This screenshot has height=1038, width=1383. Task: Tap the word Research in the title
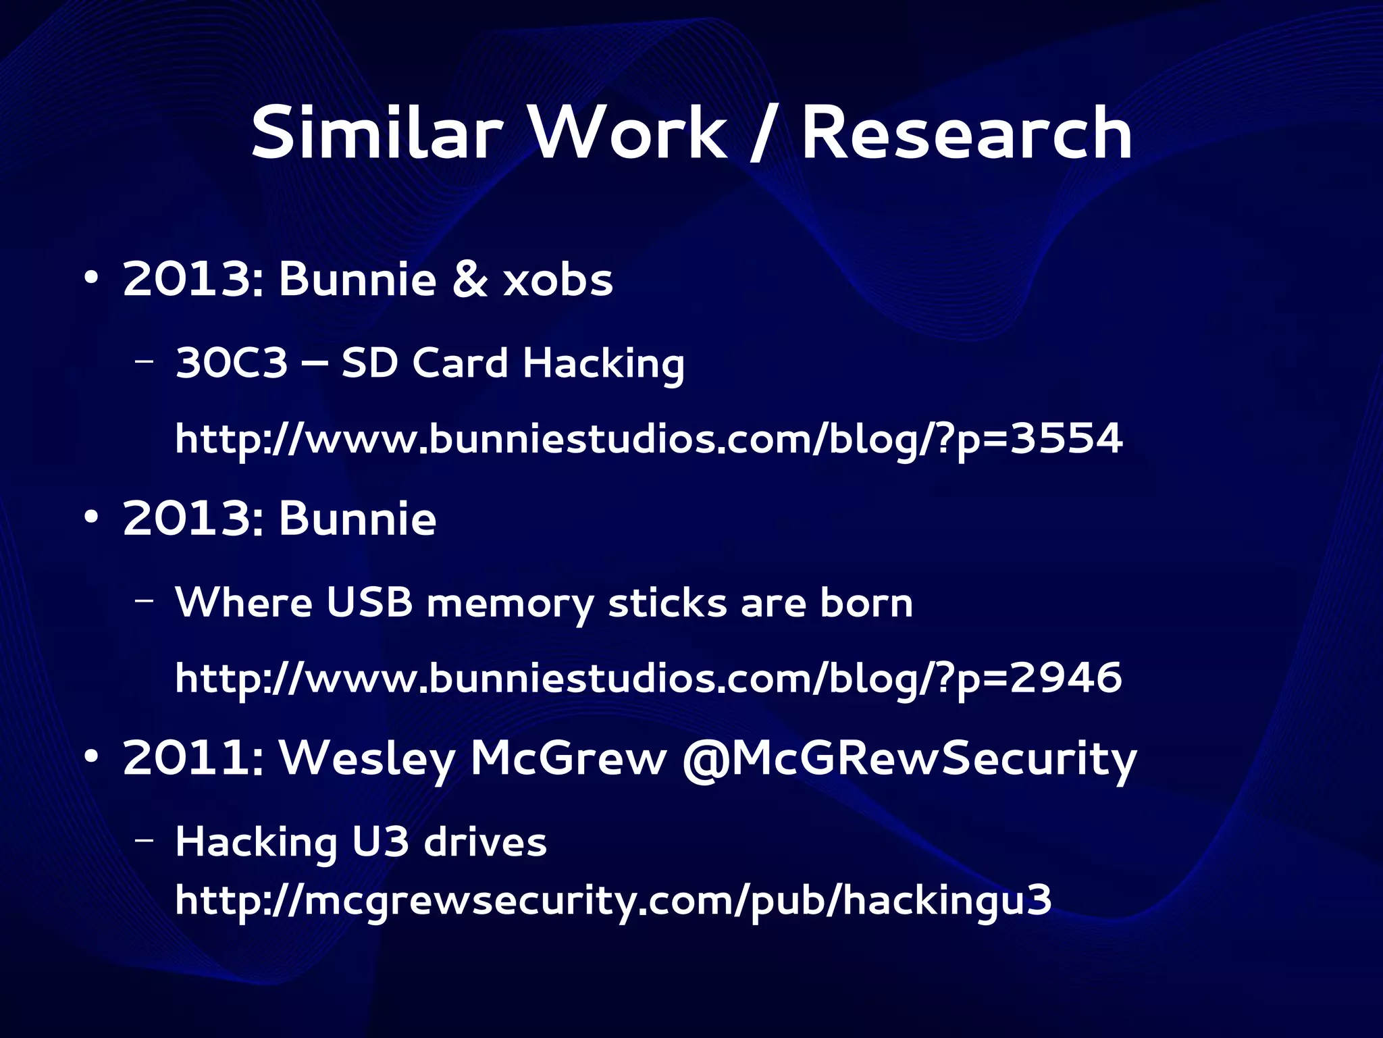click(966, 133)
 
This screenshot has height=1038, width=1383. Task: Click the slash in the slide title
click(763, 133)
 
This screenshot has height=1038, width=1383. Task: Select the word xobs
click(558, 280)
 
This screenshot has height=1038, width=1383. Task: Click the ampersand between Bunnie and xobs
click(469, 280)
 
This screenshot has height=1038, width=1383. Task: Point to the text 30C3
click(232, 363)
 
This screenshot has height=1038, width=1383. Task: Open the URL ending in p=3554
click(648, 440)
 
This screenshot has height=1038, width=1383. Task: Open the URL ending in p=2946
click(648, 679)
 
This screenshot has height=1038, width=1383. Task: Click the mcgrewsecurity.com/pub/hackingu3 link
click(613, 901)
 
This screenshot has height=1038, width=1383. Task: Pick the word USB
click(369, 602)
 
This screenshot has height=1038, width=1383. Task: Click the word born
click(866, 602)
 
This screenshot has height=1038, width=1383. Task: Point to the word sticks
click(667, 602)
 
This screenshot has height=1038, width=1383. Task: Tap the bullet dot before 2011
click(92, 756)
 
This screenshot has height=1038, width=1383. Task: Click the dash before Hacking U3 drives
click(144, 840)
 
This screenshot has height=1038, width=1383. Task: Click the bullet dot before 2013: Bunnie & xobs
click(92, 278)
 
